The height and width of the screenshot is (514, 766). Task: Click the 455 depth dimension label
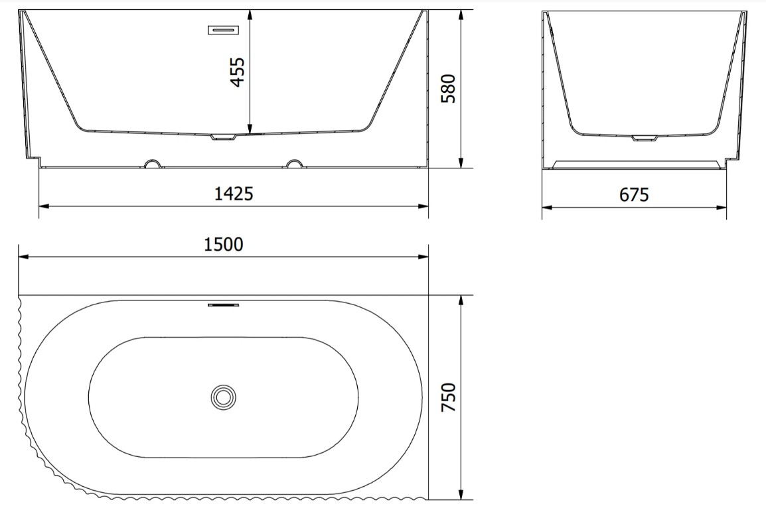pos(238,72)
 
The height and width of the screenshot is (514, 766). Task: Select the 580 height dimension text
pos(448,88)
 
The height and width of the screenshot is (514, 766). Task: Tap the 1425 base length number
pos(234,194)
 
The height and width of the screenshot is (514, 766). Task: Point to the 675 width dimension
pos(634,195)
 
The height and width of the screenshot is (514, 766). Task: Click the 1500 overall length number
pos(223,244)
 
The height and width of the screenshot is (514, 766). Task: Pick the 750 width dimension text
pos(448,397)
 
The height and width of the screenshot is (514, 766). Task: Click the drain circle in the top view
pos(224,397)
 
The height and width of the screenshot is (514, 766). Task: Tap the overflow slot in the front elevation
pos(224,31)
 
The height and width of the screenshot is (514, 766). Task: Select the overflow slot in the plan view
pos(224,305)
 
